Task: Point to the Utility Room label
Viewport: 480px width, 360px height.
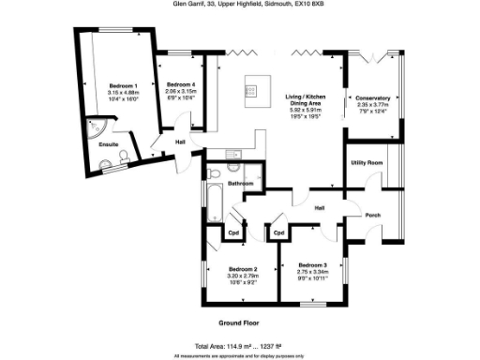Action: pyautogui.click(x=367, y=163)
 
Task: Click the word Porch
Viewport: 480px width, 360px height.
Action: pyautogui.click(x=372, y=215)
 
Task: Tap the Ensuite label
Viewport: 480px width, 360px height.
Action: pyautogui.click(x=110, y=146)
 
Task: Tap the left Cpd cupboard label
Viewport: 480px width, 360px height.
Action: pyautogui.click(x=233, y=232)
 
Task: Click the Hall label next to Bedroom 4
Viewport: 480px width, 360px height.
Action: pyautogui.click(x=181, y=142)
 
